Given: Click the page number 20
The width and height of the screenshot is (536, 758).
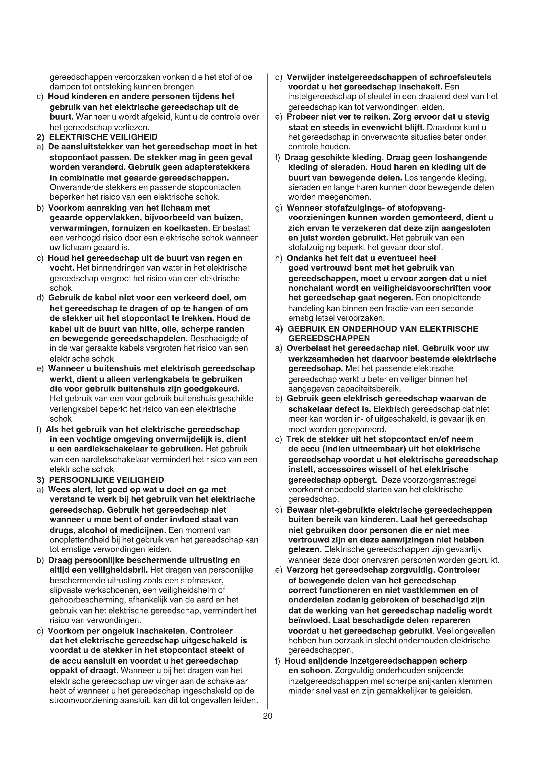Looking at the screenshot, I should [x=268, y=716].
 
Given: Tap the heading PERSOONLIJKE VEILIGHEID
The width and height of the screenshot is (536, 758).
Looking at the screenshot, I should [x=106, y=480].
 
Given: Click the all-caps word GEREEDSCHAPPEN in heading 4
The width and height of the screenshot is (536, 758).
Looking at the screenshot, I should [x=329, y=338].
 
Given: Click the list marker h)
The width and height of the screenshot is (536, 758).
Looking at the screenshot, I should [x=279, y=258].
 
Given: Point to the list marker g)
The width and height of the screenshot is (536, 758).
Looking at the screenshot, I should [x=279, y=208].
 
